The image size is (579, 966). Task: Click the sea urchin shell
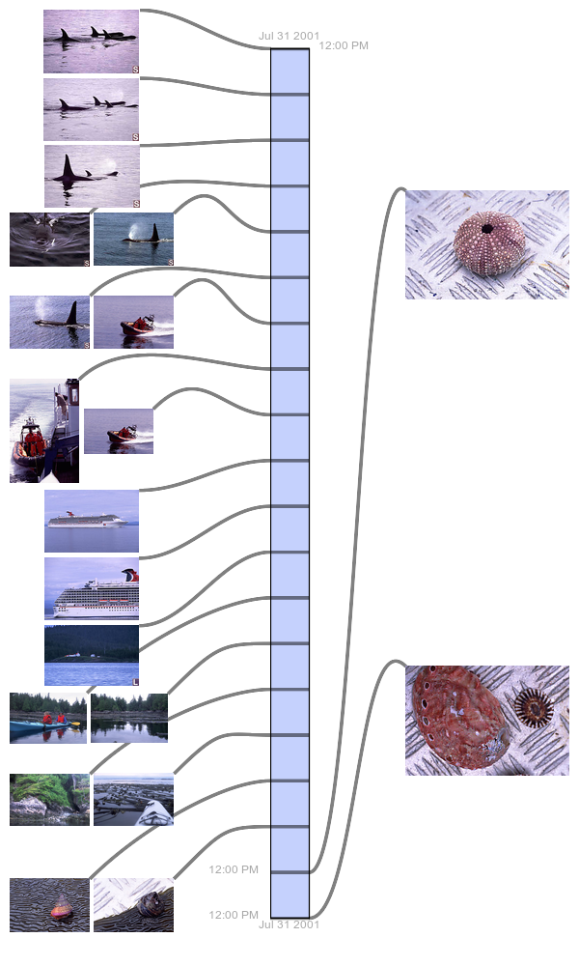click(x=489, y=242)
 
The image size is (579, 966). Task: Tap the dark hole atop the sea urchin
click(x=487, y=229)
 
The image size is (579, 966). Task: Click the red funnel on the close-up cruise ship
click(x=130, y=575)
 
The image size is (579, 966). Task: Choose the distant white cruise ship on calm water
click(x=88, y=520)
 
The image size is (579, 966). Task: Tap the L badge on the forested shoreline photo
click(x=135, y=681)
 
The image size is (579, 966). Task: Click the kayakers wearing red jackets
click(x=53, y=719)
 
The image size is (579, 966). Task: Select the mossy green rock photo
click(x=49, y=799)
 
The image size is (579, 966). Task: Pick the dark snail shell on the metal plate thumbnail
click(x=149, y=905)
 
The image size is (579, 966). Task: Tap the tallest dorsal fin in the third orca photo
click(x=69, y=166)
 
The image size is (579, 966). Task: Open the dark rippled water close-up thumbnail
click(x=49, y=240)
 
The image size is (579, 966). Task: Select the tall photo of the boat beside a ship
click(x=44, y=431)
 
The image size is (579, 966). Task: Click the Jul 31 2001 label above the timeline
click(x=289, y=36)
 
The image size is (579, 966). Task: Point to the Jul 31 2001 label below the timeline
click(x=289, y=924)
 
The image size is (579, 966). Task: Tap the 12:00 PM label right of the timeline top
click(x=344, y=45)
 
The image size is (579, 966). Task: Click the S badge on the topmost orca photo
click(x=135, y=70)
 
